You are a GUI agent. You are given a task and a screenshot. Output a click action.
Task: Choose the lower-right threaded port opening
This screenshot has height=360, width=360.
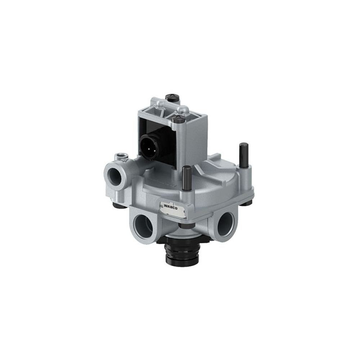[226, 224]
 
